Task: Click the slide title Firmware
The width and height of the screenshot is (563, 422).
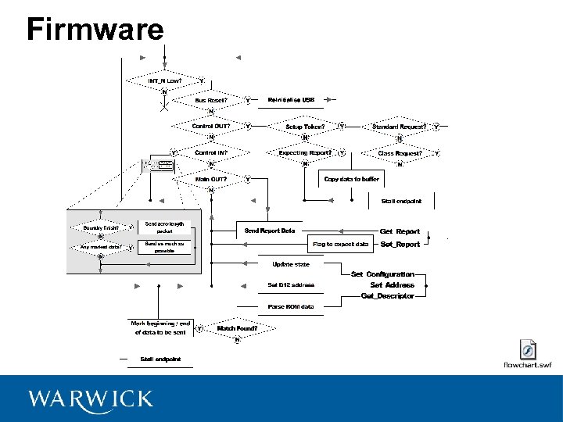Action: click(x=95, y=30)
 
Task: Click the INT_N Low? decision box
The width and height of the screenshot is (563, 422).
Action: click(x=165, y=80)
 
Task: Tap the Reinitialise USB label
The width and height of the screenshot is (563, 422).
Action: click(x=291, y=100)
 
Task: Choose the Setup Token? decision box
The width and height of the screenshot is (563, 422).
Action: click(x=305, y=127)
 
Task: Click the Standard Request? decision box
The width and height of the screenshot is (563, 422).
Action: click(x=399, y=127)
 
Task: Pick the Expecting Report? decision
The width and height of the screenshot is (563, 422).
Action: click(x=305, y=153)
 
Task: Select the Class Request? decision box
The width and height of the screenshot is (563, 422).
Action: click(x=400, y=153)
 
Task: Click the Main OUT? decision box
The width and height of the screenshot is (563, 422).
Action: click(x=211, y=179)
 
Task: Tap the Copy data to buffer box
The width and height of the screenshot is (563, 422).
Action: click(x=351, y=179)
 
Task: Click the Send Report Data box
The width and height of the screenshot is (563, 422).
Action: click(x=270, y=231)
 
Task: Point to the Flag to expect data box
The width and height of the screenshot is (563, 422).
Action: click(x=340, y=245)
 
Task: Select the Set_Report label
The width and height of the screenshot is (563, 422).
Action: click(x=400, y=245)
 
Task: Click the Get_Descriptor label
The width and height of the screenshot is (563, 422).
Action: click(x=388, y=296)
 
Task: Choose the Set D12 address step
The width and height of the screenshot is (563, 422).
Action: click(x=291, y=285)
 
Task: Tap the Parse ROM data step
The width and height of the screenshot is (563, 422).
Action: click(x=291, y=307)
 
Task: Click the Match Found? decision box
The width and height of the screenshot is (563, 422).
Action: click(x=237, y=328)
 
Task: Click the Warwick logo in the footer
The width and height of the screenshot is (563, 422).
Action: click(x=90, y=399)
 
